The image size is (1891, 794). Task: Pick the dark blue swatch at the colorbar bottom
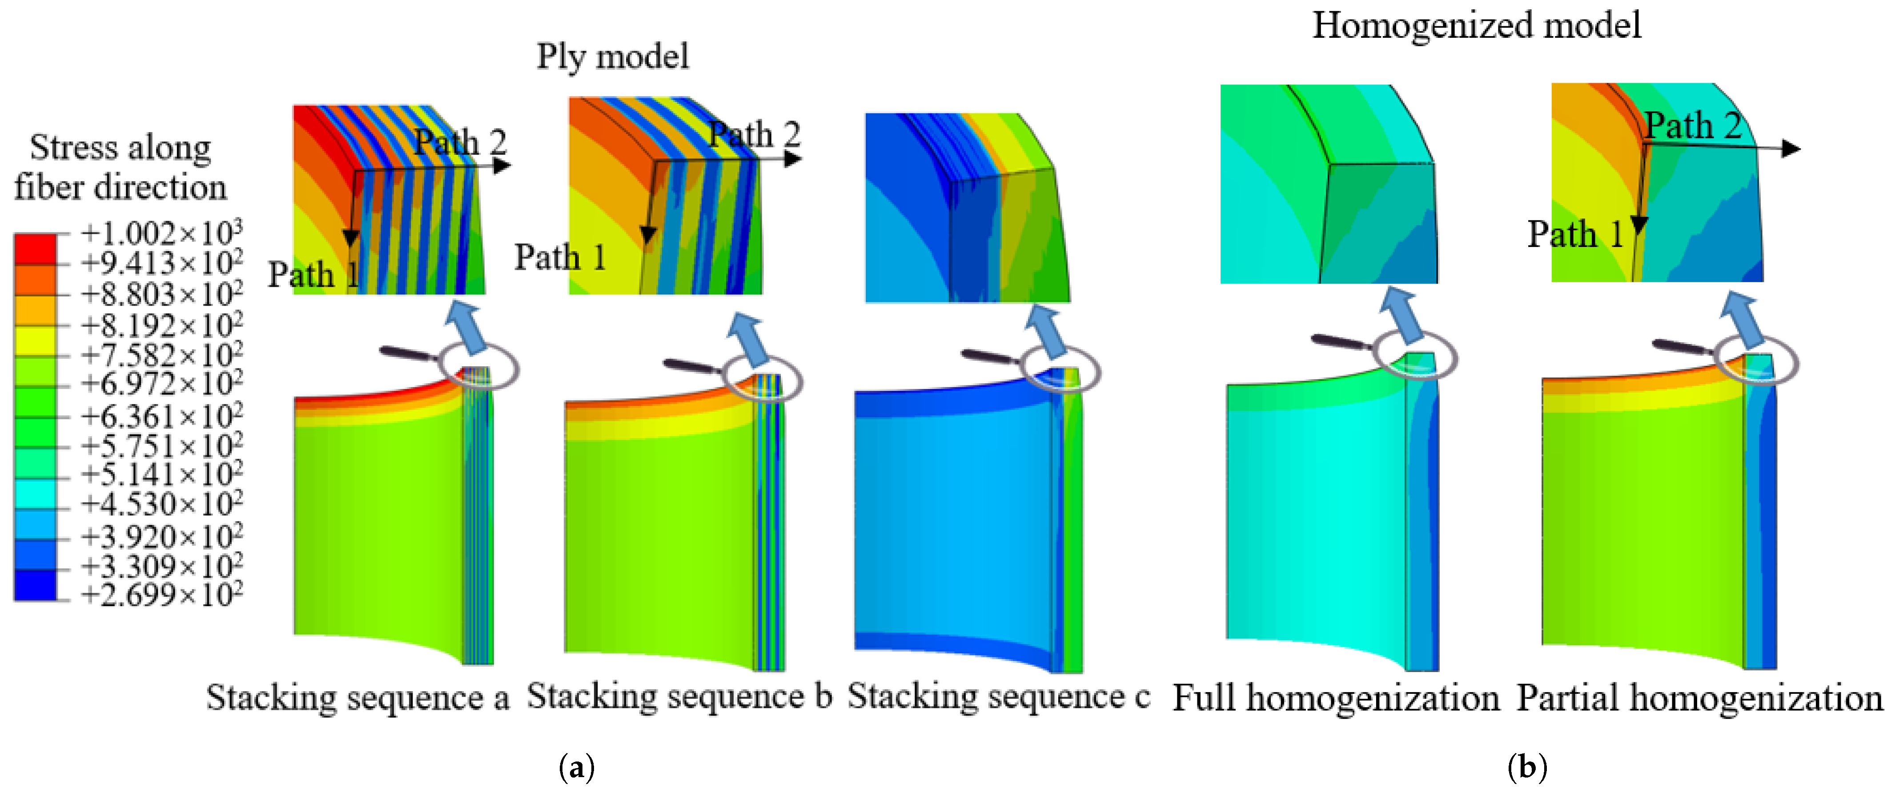tap(35, 585)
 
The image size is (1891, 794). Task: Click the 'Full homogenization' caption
tap(1335, 697)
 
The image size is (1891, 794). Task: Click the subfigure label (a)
tap(576, 768)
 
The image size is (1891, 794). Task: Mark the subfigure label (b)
tap(1527, 768)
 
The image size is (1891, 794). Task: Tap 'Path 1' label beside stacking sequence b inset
tap(559, 257)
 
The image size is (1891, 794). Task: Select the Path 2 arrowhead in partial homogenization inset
tap(1791, 148)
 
